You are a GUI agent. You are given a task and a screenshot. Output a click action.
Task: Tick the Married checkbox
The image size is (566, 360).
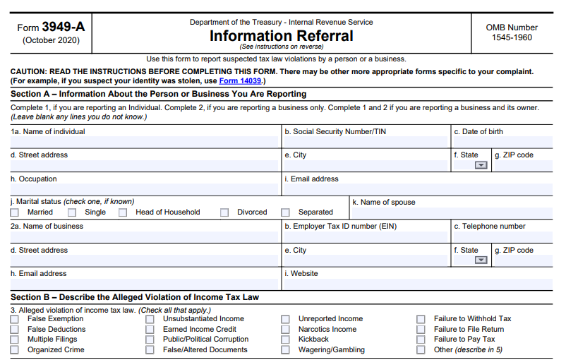coord(15,212)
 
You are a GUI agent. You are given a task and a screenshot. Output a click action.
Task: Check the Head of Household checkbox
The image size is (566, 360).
coord(123,212)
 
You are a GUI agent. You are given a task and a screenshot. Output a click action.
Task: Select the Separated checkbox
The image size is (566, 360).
coord(285,212)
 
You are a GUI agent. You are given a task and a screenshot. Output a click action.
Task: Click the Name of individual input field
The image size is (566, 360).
coord(145,142)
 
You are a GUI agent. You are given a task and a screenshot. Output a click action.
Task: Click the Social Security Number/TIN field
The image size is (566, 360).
coord(366,142)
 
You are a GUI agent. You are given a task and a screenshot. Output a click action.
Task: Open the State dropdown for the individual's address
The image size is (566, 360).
coord(481,165)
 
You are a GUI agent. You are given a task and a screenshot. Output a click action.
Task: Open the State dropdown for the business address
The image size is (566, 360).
coord(481,260)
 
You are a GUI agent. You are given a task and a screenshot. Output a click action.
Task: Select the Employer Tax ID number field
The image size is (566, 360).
coord(366,237)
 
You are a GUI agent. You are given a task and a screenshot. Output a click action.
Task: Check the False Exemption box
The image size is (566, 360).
coord(15,319)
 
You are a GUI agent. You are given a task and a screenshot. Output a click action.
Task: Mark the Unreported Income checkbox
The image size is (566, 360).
coord(285,319)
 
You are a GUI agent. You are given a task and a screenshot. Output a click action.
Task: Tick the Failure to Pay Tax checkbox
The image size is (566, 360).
coord(421,340)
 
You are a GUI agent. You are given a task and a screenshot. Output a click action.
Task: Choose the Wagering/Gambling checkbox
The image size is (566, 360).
coord(285,350)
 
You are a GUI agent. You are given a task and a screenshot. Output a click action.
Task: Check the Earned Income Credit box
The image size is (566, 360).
coord(150,330)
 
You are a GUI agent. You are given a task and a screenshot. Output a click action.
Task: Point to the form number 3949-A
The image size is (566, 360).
coord(62,27)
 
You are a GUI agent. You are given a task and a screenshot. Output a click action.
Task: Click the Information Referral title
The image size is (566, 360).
coord(281,35)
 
